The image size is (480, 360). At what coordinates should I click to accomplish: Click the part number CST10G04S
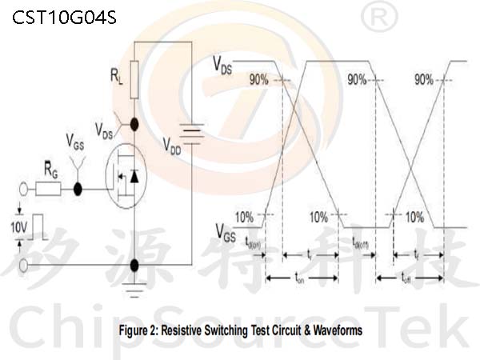pyautogui.click(x=65, y=17)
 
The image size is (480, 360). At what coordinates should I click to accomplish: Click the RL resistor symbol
pyautogui.click(x=134, y=78)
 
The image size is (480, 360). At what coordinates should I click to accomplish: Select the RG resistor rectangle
pyautogui.click(x=50, y=190)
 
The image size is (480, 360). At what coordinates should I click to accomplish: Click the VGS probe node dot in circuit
pyautogui.click(x=78, y=190)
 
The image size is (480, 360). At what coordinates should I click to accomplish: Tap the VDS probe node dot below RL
pyautogui.click(x=134, y=124)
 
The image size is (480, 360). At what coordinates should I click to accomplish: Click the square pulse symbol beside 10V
pyautogui.click(x=38, y=230)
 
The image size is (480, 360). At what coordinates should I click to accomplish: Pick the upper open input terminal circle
pyautogui.click(x=23, y=190)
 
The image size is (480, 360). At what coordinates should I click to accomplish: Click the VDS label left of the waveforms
pyautogui.click(x=222, y=65)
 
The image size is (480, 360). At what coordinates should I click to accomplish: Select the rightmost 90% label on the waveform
pyautogui.click(x=424, y=79)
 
